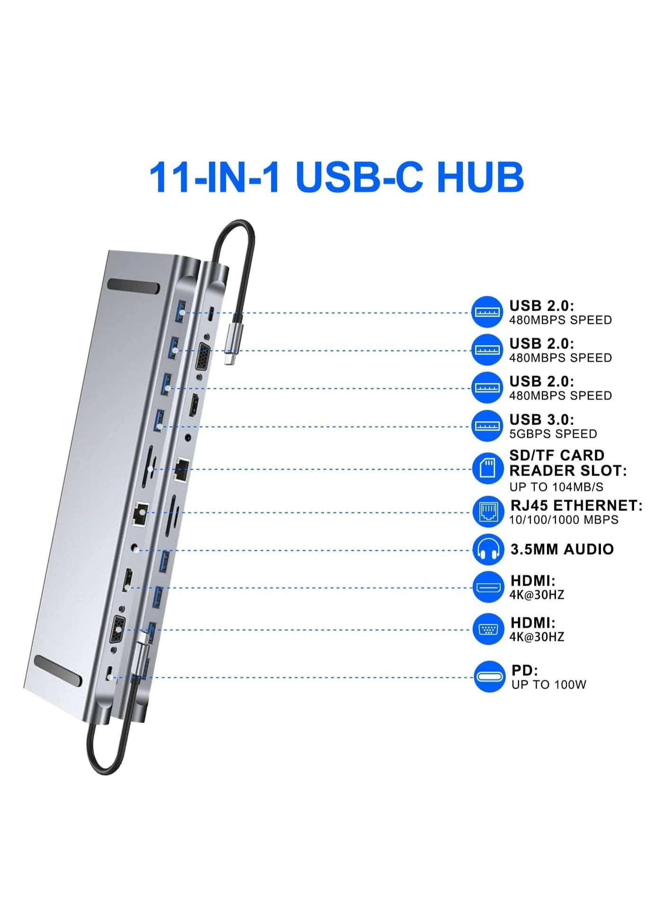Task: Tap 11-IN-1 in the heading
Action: click(214, 178)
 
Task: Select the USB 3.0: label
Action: click(541, 419)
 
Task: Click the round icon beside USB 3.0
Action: click(486, 426)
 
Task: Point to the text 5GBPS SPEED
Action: click(553, 434)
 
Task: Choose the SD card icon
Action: click(487, 468)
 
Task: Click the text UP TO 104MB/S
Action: click(556, 487)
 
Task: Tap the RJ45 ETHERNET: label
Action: click(576, 505)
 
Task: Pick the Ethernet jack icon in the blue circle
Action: click(488, 511)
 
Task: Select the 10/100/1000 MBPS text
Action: click(564, 520)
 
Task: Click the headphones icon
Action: click(488, 549)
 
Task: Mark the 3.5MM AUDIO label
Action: click(562, 549)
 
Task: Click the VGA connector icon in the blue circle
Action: click(488, 629)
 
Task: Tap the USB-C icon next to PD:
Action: click(489, 676)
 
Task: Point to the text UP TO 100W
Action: click(548, 685)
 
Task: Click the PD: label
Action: click(524, 671)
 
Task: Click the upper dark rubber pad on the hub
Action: click(133, 287)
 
